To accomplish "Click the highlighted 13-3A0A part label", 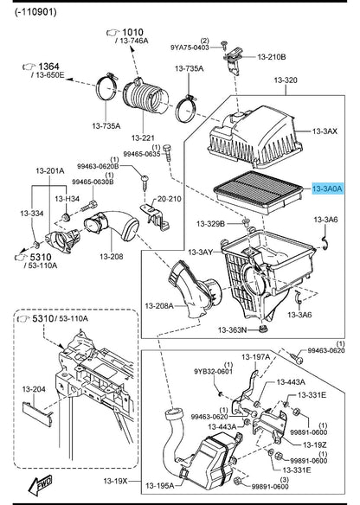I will pyautogui.click(x=327, y=187).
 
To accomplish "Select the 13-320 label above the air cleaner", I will pyautogui.click(x=285, y=80).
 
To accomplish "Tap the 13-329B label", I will pyautogui.click(x=211, y=224).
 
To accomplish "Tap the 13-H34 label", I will pyautogui.click(x=69, y=200).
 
